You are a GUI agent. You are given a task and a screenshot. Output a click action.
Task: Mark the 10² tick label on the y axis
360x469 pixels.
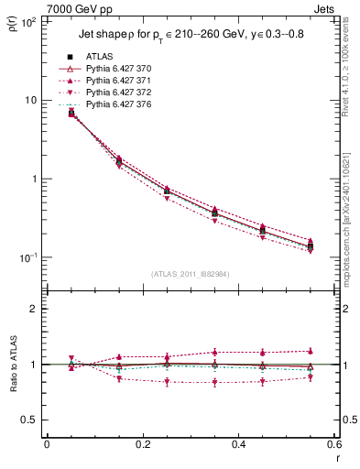coord(27,21)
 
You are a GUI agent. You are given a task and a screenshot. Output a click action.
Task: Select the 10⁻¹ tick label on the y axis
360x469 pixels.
coord(27,257)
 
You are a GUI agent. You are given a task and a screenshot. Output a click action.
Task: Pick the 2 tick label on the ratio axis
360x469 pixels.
coord(34,309)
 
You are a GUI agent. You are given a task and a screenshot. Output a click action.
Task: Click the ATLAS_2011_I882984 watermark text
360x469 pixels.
coord(191,273)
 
